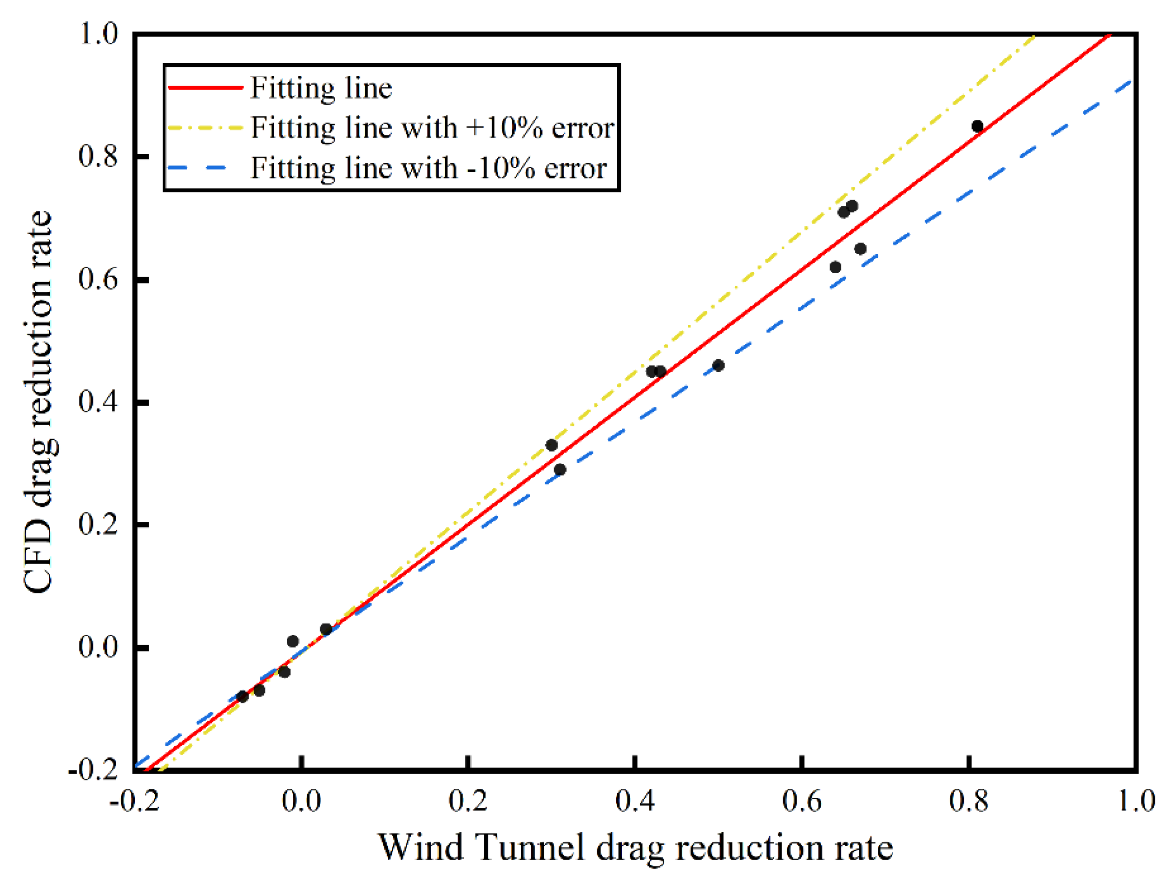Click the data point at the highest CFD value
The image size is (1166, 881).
pos(977,126)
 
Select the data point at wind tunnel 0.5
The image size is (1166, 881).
pos(718,365)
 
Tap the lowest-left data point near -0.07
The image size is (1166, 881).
pos(243,697)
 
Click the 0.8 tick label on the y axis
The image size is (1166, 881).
pos(98,156)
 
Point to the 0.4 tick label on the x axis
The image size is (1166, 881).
pos(635,802)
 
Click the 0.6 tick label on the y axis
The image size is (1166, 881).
pos(98,279)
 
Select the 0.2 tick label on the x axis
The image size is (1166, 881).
pos(468,802)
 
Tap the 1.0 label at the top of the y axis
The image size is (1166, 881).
pos(98,34)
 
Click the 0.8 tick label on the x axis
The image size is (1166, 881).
pos(968,802)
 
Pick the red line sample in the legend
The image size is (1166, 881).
pos(205,87)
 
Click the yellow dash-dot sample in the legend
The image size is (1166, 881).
pos(205,127)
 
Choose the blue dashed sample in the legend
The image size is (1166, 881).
pos(198,168)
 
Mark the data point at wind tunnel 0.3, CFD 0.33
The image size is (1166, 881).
pos(551,445)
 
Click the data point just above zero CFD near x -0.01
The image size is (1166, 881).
pos(293,641)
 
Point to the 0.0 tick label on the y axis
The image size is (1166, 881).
pos(98,647)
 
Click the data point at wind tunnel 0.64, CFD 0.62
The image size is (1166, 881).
pos(836,267)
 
